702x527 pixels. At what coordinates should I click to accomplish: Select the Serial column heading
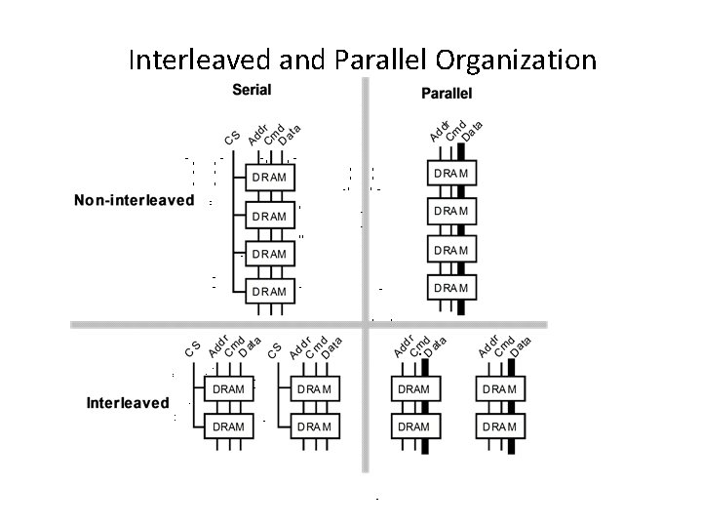click(252, 91)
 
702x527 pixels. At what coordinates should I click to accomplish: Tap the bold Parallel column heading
click(447, 94)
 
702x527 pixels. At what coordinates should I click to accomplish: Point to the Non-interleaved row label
click(135, 201)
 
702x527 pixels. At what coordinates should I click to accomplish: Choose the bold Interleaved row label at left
click(128, 402)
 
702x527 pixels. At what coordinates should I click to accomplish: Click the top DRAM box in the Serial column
click(269, 178)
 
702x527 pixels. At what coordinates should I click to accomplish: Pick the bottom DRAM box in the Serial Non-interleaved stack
click(269, 291)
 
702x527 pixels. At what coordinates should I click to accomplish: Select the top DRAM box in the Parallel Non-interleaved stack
click(450, 173)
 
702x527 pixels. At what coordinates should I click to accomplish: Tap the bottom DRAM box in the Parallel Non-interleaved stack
click(450, 287)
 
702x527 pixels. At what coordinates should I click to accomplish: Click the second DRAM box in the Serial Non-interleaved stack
click(269, 216)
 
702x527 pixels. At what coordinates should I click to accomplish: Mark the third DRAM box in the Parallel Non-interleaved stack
click(450, 250)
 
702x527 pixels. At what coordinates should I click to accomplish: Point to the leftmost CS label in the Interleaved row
click(193, 348)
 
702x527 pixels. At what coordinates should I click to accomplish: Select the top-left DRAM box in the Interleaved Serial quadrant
click(228, 388)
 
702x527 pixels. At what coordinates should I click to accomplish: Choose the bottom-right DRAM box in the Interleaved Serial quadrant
click(315, 426)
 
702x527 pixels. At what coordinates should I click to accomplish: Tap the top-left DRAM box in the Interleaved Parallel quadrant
click(413, 388)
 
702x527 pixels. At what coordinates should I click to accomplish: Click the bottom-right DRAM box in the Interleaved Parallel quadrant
click(498, 426)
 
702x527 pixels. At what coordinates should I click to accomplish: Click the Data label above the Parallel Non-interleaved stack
click(473, 127)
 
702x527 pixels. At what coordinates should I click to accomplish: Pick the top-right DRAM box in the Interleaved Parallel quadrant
click(498, 388)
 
